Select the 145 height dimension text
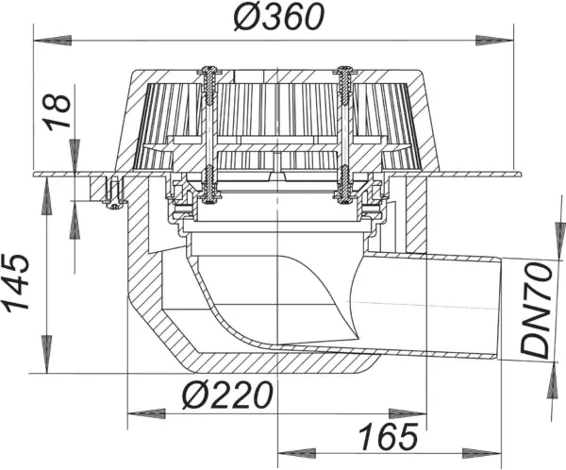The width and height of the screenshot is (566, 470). point(21,282)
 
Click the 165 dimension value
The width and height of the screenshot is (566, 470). point(387,437)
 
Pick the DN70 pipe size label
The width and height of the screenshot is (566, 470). point(539,309)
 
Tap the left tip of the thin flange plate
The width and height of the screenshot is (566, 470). point(35,175)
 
